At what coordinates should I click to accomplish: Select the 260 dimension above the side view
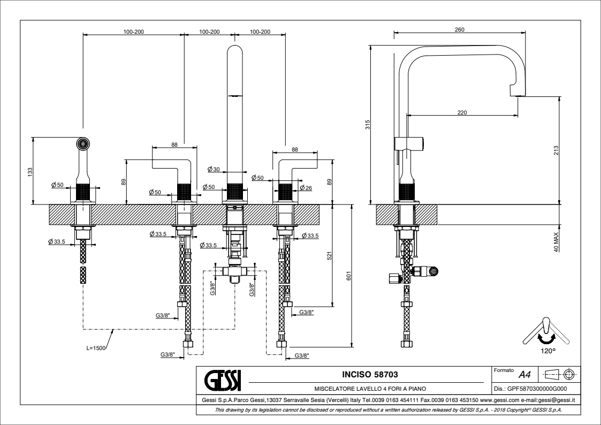pyautogui.click(x=459, y=30)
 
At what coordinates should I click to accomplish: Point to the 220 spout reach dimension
pyautogui.click(x=462, y=112)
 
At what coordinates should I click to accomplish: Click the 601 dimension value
pyautogui.click(x=348, y=276)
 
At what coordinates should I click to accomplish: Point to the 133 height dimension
pyautogui.click(x=31, y=171)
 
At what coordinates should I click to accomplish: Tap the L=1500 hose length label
pyautogui.click(x=96, y=348)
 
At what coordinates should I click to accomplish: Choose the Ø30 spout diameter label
pyautogui.click(x=214, y=169)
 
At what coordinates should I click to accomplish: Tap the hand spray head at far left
pyautogui.click(x=82, y=143)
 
